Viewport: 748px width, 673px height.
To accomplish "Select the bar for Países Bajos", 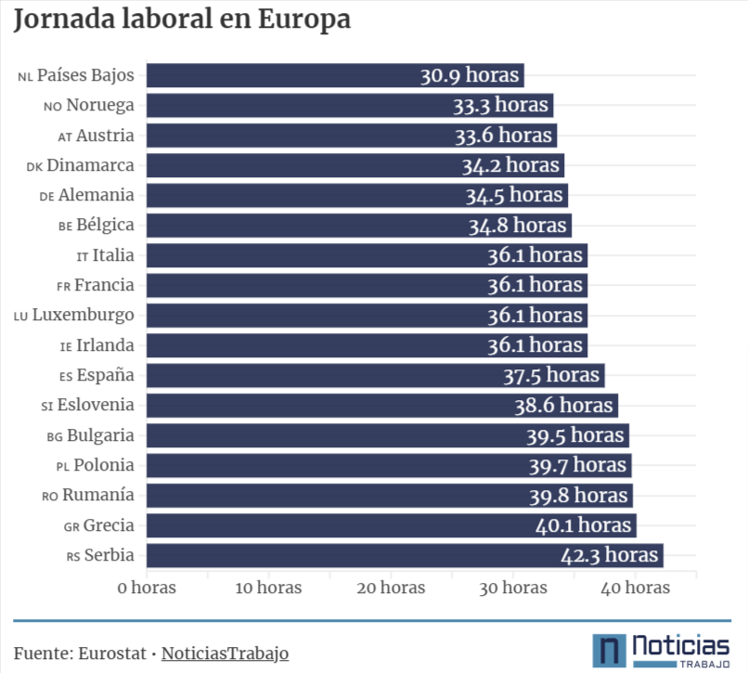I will (x=278, y=75).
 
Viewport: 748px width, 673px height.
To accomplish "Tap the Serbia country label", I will (x=109, y=555).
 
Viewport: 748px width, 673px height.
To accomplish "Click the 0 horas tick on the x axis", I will (x=147, y=588).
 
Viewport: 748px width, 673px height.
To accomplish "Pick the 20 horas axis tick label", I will (x=391, y=588).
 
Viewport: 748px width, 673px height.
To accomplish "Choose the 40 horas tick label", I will (x=635, y=588).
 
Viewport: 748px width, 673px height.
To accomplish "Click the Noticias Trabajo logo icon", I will (x=609, y=650).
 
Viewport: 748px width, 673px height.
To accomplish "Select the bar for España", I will (x=325, y=375).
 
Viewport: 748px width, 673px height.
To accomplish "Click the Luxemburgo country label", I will (x=83, y=315).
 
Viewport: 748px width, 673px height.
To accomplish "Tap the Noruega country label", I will (x=99, y=105).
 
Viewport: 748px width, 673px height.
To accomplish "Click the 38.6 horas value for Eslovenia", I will (x=564, y=406).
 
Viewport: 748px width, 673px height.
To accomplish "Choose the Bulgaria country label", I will (x=100, y=435).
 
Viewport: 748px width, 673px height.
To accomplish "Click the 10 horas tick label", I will (x=268, y=588).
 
